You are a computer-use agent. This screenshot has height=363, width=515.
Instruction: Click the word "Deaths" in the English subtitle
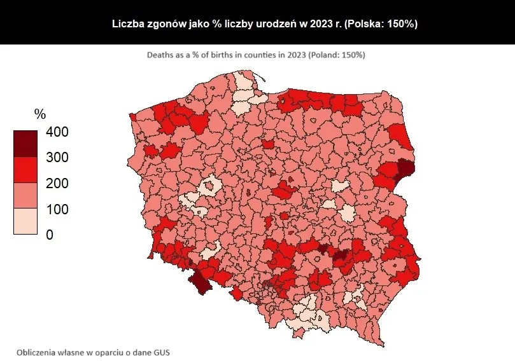click(160, 55)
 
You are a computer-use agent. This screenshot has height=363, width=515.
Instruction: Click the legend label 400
click(57, 132)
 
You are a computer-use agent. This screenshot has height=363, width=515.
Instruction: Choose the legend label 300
click(57, 157)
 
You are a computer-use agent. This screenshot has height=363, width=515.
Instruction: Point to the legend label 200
click(57, 183)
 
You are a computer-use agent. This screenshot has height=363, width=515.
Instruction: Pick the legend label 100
click(57, 209)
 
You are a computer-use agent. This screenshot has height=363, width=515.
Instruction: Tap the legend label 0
click(50, 235)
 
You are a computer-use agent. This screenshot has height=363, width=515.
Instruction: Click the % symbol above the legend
click(40, 114)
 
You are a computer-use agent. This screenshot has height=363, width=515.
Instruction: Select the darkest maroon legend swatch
click(25, 144)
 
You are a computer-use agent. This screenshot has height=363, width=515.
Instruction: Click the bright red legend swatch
click(25, 170)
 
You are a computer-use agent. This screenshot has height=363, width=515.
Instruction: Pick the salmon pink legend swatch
click(25, 196)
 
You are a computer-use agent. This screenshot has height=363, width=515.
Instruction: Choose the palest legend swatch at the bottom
click(25, 221)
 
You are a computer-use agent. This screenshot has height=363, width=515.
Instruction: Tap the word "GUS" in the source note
click(161, 351)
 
